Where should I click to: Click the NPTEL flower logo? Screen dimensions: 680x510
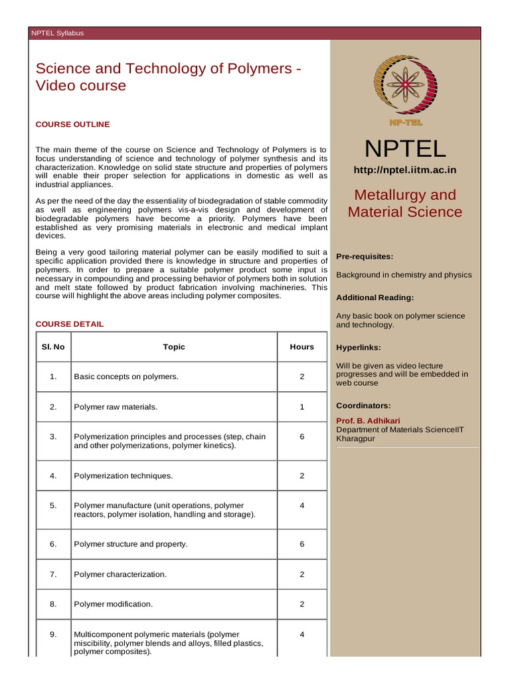[x=405, y=86]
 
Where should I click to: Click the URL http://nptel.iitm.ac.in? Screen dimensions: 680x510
[x=405, y=170]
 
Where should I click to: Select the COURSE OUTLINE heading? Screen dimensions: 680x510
[x=72, y=124]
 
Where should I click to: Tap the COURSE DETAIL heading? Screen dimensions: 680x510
[x=69, y=324]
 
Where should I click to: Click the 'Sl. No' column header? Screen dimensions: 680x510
[x=53, y=347]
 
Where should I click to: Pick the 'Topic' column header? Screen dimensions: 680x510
[x=174, y=347]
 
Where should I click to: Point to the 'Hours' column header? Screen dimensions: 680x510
[x=301, y=347]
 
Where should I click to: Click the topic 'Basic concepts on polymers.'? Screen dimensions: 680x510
[x=126, y=377]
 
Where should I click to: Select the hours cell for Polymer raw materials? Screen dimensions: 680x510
[x=301, y=406]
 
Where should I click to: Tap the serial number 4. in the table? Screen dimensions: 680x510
[x=53, y=475]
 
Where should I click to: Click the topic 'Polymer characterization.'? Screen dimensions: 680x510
[x=120, y=574]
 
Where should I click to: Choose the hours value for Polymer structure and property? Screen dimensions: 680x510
[x=301, y=544]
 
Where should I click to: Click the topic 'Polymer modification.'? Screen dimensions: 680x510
[x=114, y=604]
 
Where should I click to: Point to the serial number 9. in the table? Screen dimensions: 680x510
[x=53, y=634]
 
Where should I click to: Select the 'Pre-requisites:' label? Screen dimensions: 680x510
[x=365, y=256]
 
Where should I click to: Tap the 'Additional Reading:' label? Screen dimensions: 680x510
[x=375, y=297]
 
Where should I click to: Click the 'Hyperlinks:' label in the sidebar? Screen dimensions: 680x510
[x=359, y=347]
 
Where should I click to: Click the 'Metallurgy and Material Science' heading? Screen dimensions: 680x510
[x=405, y=203]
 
